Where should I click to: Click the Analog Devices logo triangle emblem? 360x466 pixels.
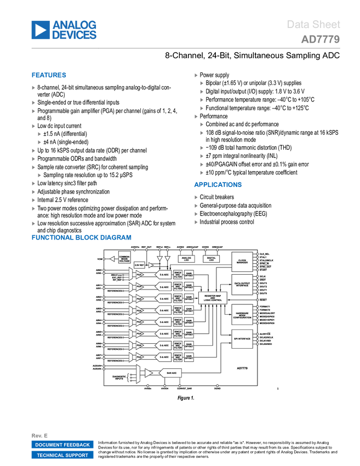(x=41, y=30)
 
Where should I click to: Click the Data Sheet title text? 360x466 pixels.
(x=313, y=25)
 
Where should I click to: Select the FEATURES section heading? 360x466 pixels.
(x=49, y=76)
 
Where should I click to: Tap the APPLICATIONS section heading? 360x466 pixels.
(x=218, y=185)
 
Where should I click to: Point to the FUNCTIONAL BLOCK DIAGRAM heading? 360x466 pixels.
(x=81, y=237)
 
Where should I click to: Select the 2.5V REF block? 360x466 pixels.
(x=139, y=265)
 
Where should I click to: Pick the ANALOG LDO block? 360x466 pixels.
(x=186, y=258)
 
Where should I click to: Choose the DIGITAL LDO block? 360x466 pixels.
(x=211, y=258)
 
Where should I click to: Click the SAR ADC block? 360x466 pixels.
(x=171, y=373)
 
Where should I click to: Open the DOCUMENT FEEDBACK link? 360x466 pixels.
(x=62, y=445)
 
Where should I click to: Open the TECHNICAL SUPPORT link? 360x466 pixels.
(x=62, y=455)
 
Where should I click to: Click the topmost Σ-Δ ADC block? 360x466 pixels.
(x=163, y=275)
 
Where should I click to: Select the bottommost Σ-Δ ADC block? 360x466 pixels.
(x=163, y=357)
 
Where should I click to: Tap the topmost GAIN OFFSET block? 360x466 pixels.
(x=188, y=275)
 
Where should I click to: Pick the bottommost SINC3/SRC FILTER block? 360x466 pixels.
(x=178, y=357)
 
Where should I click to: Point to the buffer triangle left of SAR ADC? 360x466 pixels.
(x=148, y=373)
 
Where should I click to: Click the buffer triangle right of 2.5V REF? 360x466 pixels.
(x=151, y=265)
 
